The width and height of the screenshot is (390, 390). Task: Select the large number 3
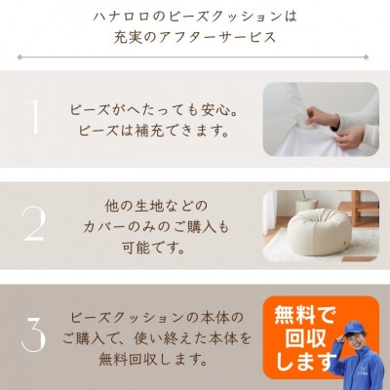[33, 335]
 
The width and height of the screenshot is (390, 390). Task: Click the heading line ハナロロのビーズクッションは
[194, 17]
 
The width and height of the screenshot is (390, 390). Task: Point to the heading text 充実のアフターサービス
[194, 39]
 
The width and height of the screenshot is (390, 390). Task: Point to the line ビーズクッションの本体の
[162, 319]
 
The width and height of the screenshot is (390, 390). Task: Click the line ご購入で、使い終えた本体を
[162, 338]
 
